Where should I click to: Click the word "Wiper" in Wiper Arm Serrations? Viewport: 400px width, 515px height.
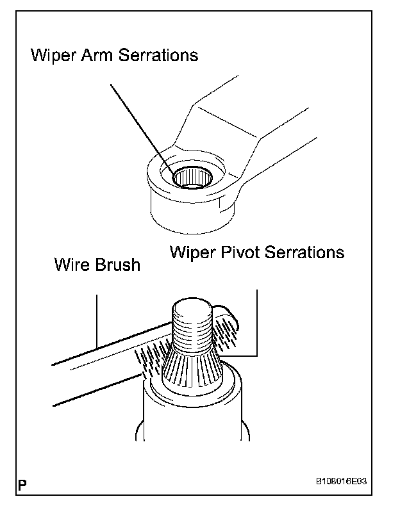pyautogui.click(x=54, y=56)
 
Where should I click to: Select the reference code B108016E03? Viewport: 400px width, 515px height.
pyautogui.click(x=344, y=481)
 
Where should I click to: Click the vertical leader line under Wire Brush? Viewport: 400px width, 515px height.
pyautogui.click(x=96, y=320)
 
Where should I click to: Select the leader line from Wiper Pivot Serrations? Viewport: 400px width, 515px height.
pyautogui.click(x=256, y=320)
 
